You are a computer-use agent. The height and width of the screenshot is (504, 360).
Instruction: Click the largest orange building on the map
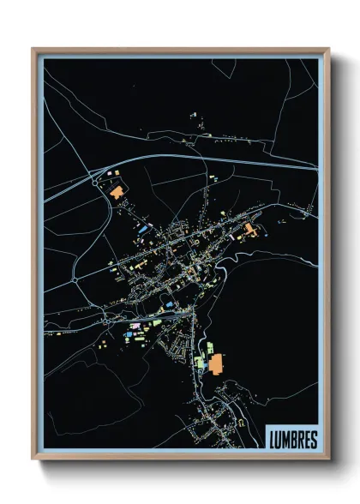pos(215,364)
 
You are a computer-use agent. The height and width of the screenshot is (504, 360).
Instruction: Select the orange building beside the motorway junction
pos(116,192)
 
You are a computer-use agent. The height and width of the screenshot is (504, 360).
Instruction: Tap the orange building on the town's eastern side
pos(249,230)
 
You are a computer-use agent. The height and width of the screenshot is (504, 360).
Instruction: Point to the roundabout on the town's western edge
pos(75,279)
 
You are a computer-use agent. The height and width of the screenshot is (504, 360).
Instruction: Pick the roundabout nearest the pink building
pos(111,318)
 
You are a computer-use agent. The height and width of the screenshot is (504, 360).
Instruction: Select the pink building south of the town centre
pos(133,327)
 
